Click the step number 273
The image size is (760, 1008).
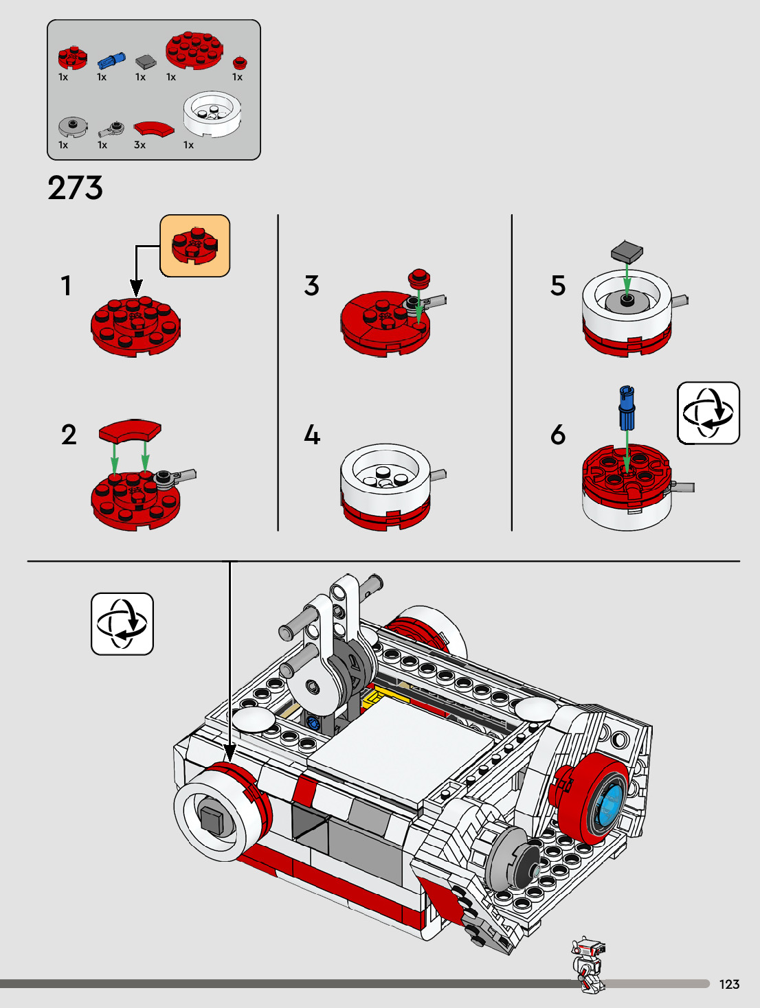tap(76, 188)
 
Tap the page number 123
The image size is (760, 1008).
tap(729, 985)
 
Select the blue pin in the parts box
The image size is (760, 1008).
tap(111, 60)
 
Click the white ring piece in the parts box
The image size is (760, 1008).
tap(212, 113)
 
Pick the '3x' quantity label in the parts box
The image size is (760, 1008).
tap(139, 146)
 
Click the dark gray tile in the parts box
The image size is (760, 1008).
tap(145, 62)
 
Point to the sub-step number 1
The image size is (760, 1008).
tap(66, 286)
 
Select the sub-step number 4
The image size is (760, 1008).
tap(312, 435)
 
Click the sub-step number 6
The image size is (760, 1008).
tap(558, 435)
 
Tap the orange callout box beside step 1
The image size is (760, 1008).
tap(195, 246)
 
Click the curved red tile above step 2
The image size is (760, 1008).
tap(130, 431)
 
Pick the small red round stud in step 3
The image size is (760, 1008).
tap(418, 277)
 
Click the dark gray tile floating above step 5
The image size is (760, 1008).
tap(627, 251)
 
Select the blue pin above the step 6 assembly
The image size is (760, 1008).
tap(627, 407)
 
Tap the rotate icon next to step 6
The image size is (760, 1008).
tap(708, 413)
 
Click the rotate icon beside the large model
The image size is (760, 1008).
tap(122, 624)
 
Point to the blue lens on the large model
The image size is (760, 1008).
tap(610, 802)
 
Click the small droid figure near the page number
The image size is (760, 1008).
tap(588, 963)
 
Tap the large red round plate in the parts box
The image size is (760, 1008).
tap(194, 49)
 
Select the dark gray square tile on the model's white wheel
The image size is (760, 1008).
tap(213, 819)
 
